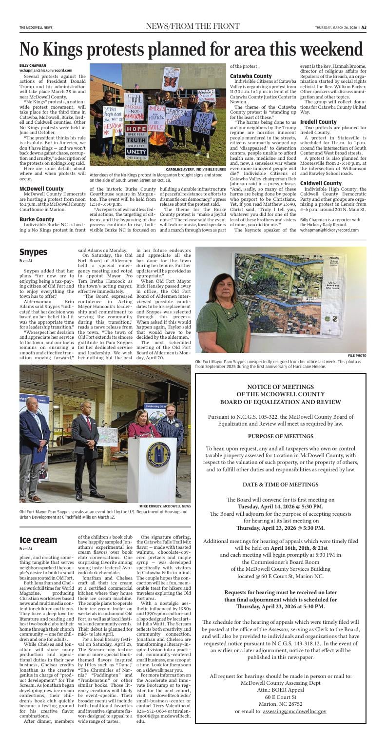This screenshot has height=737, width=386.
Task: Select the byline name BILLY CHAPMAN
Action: point(33,65)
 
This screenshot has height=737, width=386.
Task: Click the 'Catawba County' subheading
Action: point(251,76)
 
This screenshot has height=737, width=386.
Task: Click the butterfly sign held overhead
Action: point(171,78)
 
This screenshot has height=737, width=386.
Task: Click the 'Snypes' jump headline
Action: point(33,252)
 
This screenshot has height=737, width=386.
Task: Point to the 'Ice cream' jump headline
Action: point(38,540)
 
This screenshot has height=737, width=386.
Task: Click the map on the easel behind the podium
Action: point(111,425)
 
